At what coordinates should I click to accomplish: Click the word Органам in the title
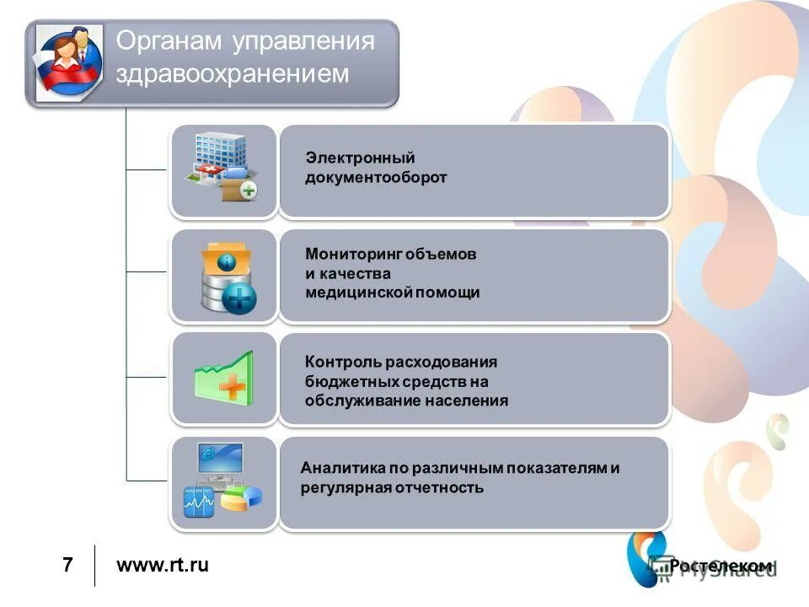coord(165,41)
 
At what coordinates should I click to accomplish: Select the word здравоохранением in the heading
coord(232,74)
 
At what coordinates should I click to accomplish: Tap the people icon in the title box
coord(67,62)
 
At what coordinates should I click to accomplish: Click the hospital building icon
coord(223,169)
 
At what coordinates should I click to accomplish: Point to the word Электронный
coord(360,158)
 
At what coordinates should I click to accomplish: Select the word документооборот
coord(376,178)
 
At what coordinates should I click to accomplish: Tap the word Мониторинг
coord(353,254)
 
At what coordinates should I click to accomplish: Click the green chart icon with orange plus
coord(223,378)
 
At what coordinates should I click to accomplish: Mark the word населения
coord(467,400)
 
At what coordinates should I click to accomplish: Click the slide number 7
coord(67,565)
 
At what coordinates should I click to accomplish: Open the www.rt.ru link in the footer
coord(162,565)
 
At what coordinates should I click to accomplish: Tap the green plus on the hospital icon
coord(249,191)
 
